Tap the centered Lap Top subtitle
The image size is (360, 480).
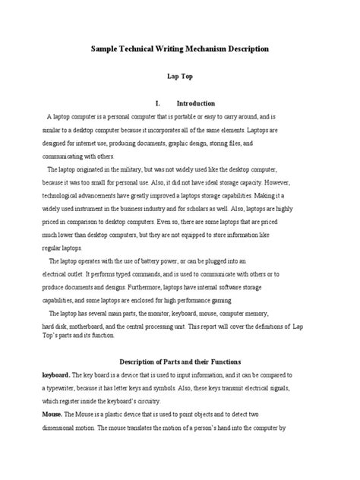click(x=179, y=76)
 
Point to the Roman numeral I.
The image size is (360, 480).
click(x=156, y=103)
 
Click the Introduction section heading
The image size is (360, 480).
click(x=196, y=103)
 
